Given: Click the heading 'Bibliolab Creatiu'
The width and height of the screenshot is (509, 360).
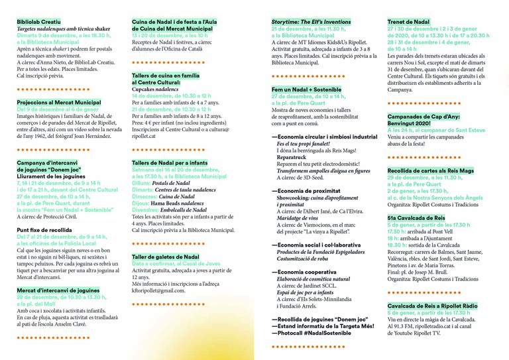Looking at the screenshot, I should click(39, 22).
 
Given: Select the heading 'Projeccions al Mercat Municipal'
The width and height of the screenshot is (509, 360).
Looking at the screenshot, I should click(59, 103).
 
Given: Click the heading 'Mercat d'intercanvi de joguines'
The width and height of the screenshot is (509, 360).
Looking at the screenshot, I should click(58, 290).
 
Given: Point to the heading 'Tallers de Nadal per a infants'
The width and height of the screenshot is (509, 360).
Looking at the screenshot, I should click(170, 162).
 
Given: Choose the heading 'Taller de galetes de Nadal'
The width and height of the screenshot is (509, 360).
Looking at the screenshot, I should click(166, 257).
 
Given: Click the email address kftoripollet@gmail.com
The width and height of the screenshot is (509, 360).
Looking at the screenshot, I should click(158, 290).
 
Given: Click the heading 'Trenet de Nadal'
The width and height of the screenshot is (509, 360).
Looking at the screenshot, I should click(408, 22).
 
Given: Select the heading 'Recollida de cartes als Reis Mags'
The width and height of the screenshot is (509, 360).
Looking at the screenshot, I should click(431, 170).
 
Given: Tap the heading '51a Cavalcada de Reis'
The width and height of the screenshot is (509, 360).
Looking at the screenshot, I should click(416, 217).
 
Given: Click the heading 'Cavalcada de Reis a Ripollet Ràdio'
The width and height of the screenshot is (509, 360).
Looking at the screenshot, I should click(432, 305).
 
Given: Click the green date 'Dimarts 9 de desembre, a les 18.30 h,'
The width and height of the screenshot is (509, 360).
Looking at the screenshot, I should click(64, 35).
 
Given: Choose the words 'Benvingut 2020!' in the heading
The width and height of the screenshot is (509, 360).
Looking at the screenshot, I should click(409, 123).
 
